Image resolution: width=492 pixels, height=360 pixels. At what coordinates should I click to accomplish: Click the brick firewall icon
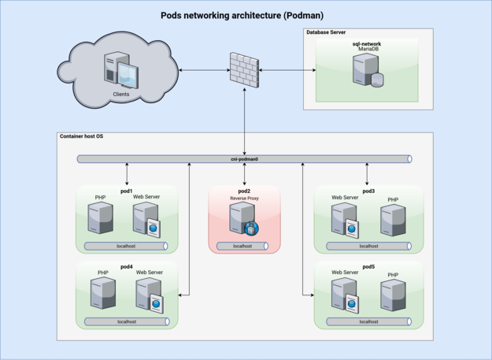pyautogui.click(x=245, y=70)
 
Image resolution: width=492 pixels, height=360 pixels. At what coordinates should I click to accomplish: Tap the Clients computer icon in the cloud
pyautogui.click(x=121, y=70)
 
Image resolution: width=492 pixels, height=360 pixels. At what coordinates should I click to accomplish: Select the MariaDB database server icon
pyautogui.click(x=368, y=70)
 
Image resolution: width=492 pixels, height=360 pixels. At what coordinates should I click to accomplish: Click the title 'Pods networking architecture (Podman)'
pyautogui.click(x=242, y=16)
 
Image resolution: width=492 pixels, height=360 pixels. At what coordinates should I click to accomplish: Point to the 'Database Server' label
pyautogui.click(x=326, y=32)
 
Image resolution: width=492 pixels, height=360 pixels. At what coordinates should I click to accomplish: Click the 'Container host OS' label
pyautogui.click(x=81, y=136)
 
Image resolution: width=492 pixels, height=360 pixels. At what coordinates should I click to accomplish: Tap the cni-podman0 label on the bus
pyautogui.click(x=245, y=159)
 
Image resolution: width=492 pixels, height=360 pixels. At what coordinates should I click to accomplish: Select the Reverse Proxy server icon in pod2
pyautogui.click(x=244, y=219)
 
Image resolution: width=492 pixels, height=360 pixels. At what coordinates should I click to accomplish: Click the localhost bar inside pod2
pyautogui.click(x=242, y=246)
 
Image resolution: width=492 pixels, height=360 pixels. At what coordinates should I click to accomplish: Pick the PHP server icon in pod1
pyautogui.click(x=101, y=218)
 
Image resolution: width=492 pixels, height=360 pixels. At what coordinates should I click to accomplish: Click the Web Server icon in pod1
pyautogui.click(x=146, y=220)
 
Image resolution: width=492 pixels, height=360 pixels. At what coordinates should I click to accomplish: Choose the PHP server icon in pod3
pyautogui.click(x=393, y=220)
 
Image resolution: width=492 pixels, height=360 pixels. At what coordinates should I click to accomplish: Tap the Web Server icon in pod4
pyautogui.click(x=150, y=295)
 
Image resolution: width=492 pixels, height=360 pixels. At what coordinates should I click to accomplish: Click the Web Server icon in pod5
pyautogui.click(x=345, y=295)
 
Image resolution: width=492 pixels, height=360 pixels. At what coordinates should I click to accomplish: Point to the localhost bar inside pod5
pyautogui.click(x=368, y=321)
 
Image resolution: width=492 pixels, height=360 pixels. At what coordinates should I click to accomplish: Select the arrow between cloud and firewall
pyautogui.click(x=204, y=70)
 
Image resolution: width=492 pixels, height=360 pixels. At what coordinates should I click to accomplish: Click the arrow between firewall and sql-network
pyautogui.click(x=287, y=70)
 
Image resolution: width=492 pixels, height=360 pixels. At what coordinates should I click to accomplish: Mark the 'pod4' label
pyautogui.click(x=127, y=267)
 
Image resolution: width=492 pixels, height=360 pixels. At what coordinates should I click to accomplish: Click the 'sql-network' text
pyautogui.click(x=367, y=44)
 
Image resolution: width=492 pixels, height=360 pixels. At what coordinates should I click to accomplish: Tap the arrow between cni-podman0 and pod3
pyautogui.click(x=367, y=174)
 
